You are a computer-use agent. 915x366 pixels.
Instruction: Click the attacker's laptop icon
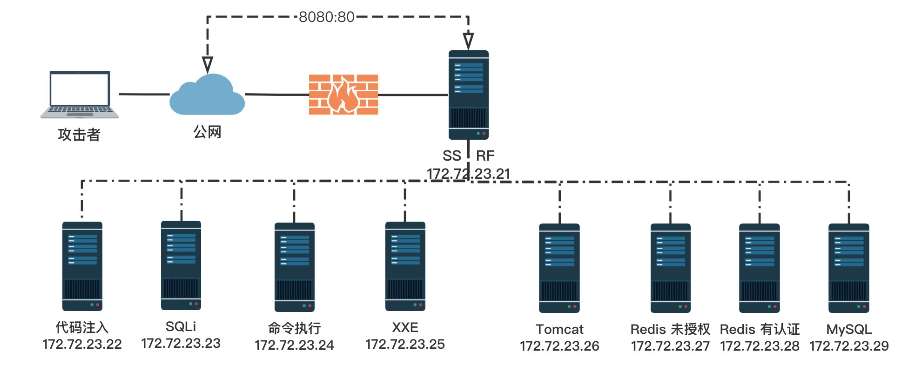point(80,95)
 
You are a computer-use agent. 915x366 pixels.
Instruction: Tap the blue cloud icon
point(207,96)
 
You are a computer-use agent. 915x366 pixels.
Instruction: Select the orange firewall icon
point(343,95)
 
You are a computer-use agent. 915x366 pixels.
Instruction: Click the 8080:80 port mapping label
point(326,17)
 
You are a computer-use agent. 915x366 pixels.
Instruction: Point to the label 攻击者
point(79,135)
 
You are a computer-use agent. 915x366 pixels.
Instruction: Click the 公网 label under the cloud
point(207,132)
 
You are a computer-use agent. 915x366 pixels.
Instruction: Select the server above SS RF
point(468,95)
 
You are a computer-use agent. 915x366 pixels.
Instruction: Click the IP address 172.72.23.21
point(468,174)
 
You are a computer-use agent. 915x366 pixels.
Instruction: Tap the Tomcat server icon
point(559,268)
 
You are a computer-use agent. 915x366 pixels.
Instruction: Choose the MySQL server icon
point(849,268)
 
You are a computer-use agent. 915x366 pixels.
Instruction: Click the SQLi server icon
point(181,265)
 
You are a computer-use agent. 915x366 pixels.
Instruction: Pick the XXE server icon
point(405,266)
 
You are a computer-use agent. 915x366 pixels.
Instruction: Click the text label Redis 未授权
point(670,329)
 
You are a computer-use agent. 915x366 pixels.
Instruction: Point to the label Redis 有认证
point(760,329)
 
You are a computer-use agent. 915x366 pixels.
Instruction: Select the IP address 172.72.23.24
point(294,345)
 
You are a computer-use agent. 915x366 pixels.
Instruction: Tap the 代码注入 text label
point(82,327)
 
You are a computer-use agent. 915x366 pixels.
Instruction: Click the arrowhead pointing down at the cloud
point(208,64)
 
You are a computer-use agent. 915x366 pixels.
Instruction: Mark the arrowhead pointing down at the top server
point(468,41)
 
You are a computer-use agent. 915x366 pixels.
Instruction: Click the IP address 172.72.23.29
point(849,346)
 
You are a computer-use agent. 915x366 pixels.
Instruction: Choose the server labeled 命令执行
point(294,267)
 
